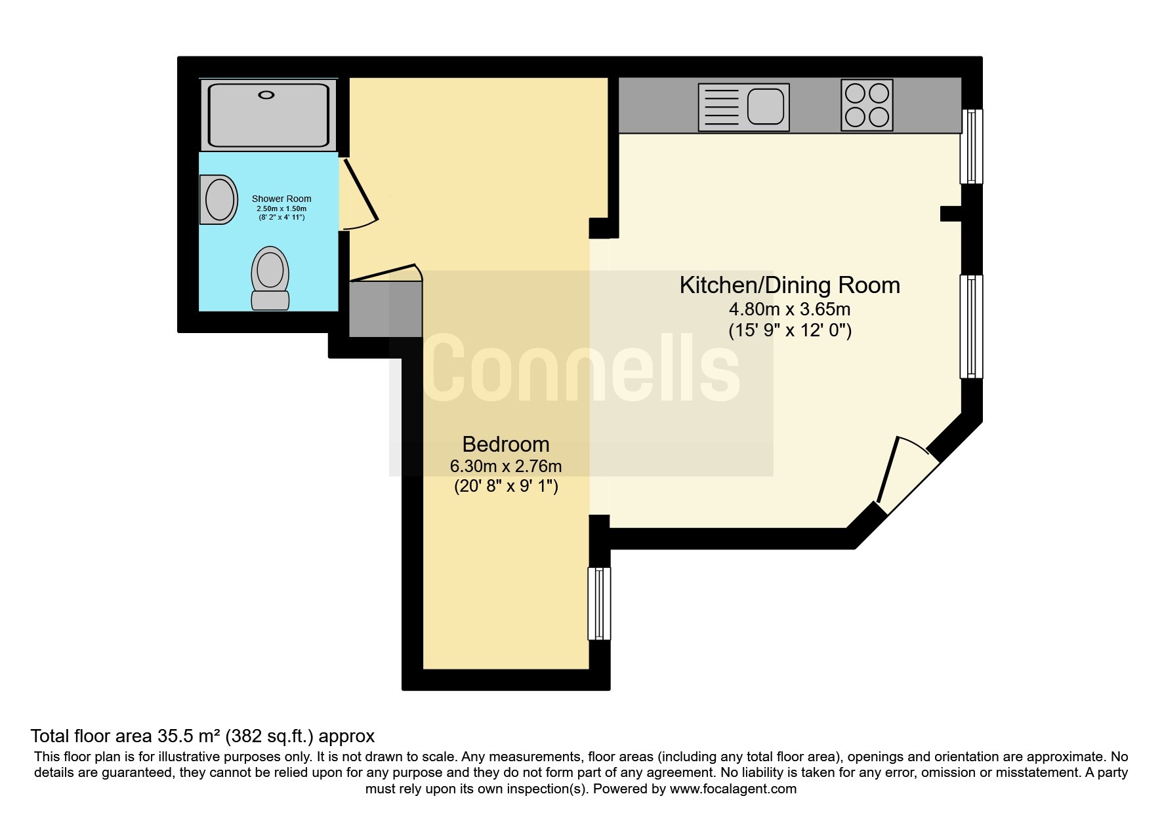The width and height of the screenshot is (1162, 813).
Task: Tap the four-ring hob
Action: (867, 106)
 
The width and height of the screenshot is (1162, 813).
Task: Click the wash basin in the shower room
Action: (219, 199)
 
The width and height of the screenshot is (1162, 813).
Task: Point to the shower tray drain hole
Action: (266, 95)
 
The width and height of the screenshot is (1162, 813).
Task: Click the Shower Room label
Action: (281, 199)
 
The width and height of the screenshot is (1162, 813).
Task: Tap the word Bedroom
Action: (505, 445)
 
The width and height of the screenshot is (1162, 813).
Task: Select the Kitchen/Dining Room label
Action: (789, 285)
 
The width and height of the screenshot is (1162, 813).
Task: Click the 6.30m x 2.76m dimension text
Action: (505, 466)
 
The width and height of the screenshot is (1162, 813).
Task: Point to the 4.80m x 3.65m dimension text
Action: (789, 309)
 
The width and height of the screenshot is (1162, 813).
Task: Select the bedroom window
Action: (598, 603)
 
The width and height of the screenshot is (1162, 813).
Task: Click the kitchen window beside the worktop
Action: (971, 146)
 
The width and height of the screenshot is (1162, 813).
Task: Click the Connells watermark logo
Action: (581, 368)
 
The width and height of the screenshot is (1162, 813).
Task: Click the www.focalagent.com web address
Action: (732, 789)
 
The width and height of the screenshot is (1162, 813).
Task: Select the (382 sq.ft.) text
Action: (270, 736)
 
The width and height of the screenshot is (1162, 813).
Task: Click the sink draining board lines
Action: (720, 106)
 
